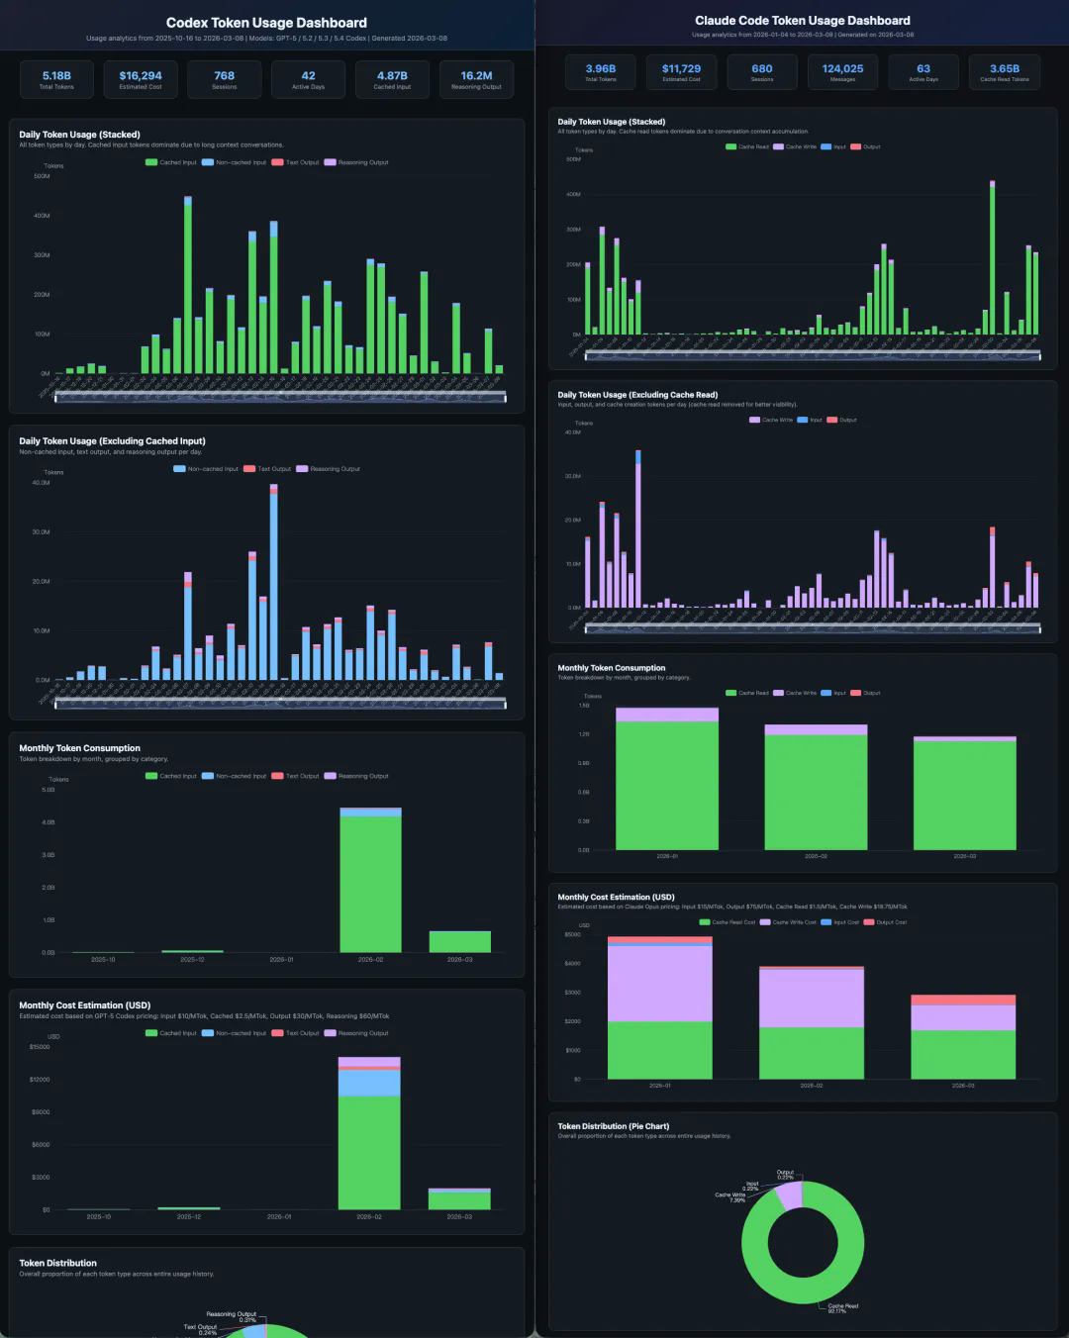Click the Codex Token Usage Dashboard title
[266, 23]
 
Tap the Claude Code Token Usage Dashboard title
[803, 21]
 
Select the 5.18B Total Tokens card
[56, 79]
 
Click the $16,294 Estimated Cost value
[141, 76]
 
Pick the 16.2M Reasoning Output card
[476, 79]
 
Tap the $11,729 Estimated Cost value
[681, 69]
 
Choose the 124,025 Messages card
[842, 72]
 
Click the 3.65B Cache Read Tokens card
[1004, 72]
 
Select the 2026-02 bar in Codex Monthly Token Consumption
[370, 881]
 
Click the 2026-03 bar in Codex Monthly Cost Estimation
[459, 1198]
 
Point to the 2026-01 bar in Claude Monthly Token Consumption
[667, 782]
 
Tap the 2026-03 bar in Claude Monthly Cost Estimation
[963, 1039]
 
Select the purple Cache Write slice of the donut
[789, 1195]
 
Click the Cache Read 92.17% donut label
[843, 1308]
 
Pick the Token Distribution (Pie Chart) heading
[614, 1126]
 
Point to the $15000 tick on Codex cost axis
[40, 1046]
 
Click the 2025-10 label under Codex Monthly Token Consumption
[103, 960]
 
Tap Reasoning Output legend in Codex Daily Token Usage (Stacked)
[357, 162]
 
